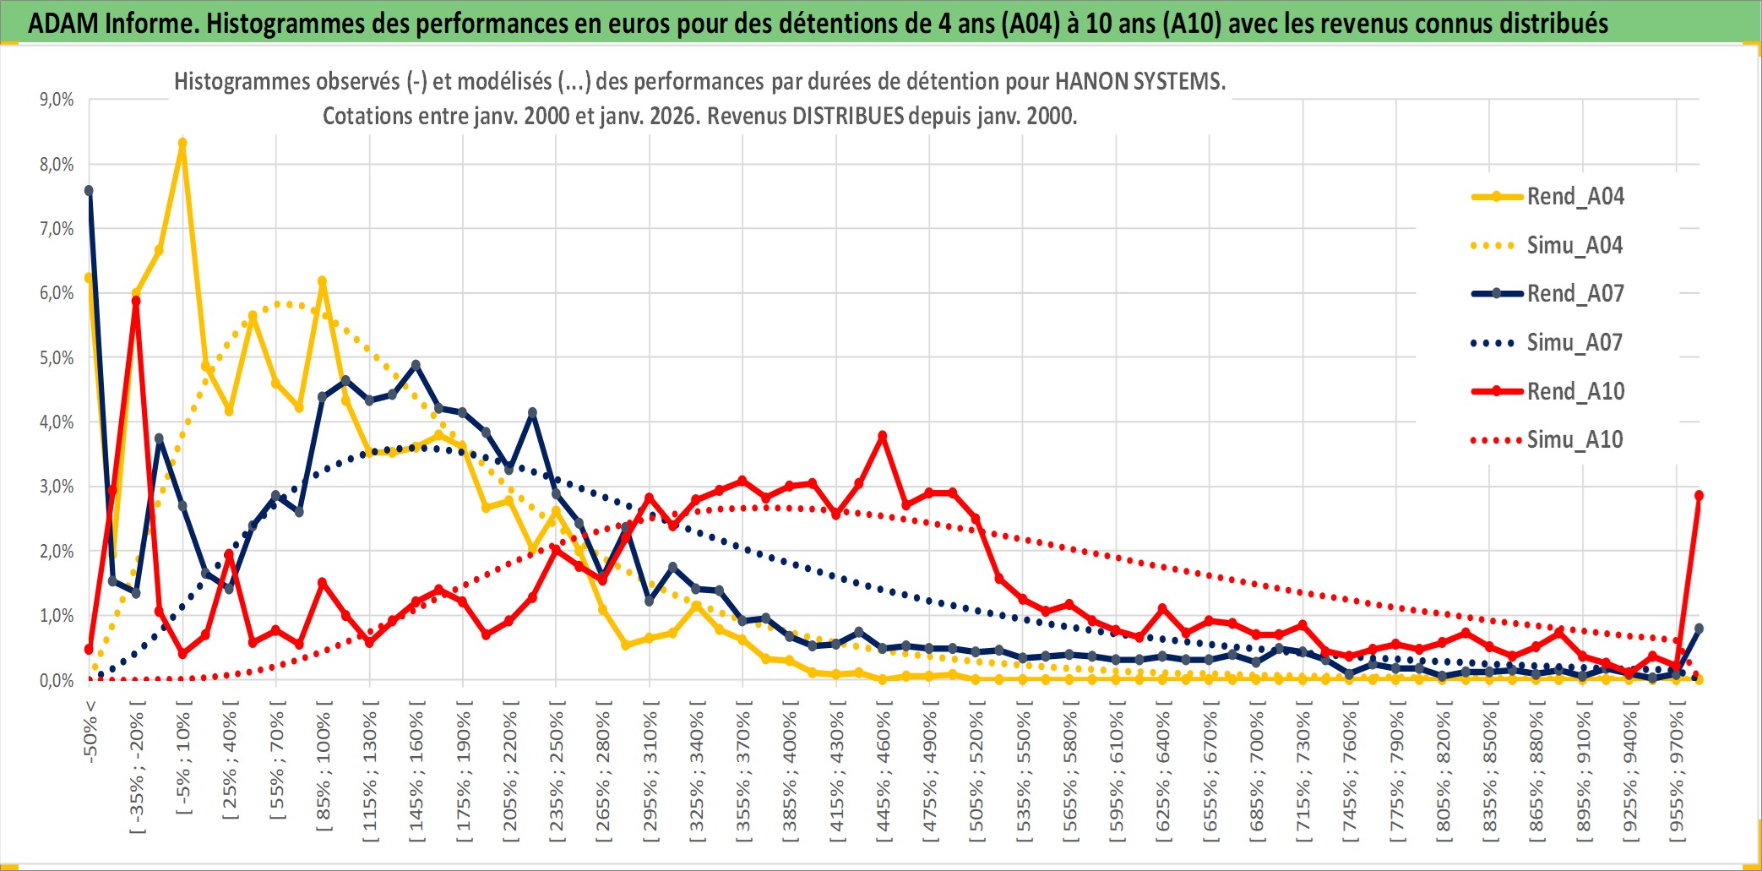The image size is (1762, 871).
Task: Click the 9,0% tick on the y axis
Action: point(57,100)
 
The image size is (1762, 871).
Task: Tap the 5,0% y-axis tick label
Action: point(57,358)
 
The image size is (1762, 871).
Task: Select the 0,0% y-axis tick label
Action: point(57,681)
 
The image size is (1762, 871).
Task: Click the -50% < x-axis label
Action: point(90,732)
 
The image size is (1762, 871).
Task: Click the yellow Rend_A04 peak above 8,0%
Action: point(182,144)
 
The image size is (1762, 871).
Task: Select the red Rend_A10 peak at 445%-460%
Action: point(883,436)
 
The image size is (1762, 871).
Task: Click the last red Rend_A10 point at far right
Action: point(1699,496)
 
